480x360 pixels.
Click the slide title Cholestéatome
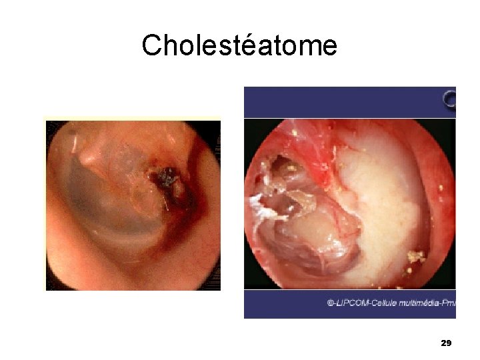pos(239,45)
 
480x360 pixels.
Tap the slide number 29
pos(447,343)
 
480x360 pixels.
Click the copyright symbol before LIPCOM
pos(331,303)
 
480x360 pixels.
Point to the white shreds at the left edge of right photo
pos(263,207)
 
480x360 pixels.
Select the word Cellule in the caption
pos(383,303)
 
